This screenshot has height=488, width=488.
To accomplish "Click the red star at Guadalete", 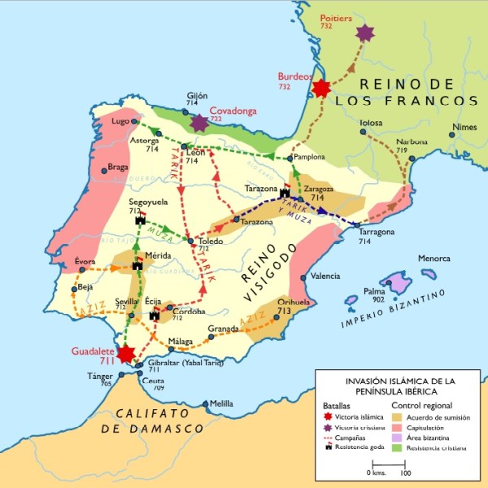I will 126,353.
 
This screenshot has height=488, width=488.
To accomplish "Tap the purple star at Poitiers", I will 364,33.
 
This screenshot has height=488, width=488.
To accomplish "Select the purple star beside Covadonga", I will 199,123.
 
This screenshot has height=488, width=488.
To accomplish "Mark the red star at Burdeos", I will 321,88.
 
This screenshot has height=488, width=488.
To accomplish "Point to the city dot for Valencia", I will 303,277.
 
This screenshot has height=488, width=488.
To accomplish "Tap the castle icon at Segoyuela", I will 139,220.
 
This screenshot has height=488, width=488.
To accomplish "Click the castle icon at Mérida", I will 137,264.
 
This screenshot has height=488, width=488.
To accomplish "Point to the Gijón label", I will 198,95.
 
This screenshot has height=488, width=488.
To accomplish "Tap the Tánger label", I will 101,375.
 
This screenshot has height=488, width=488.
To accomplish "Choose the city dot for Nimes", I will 451,133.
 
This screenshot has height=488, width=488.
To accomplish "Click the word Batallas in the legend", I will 339,404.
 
